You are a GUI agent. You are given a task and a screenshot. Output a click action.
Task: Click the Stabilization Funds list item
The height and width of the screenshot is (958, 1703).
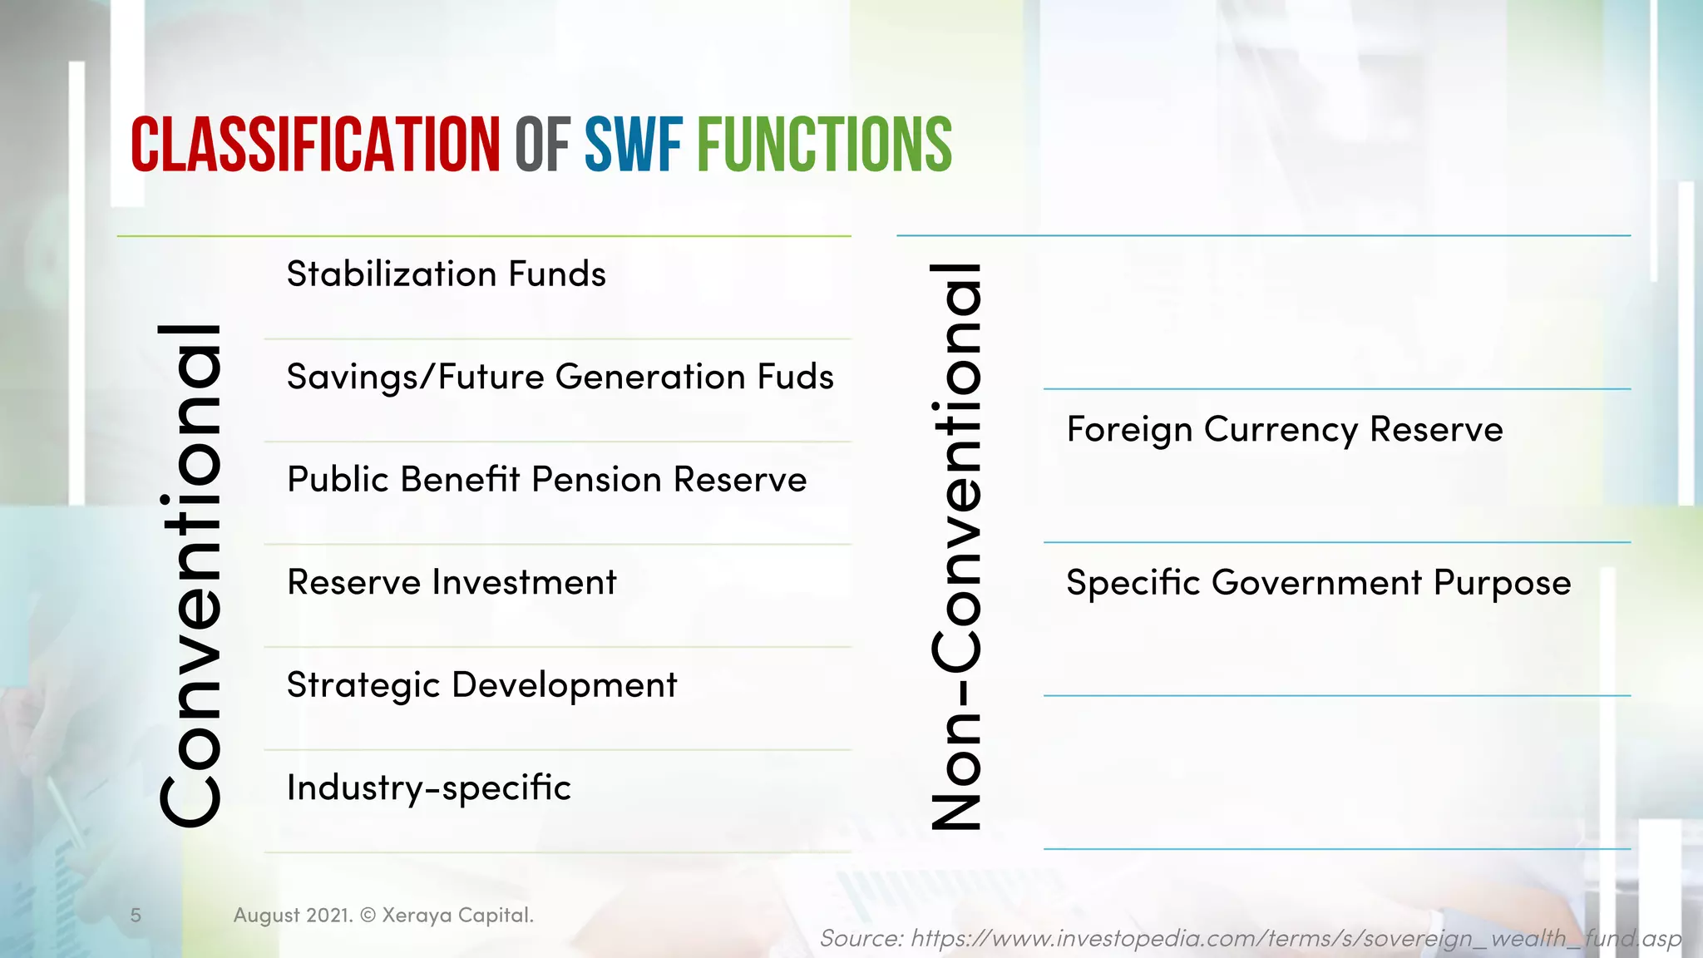click(447, 274)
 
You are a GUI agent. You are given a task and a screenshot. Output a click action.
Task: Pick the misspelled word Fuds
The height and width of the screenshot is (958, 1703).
click(795, 378)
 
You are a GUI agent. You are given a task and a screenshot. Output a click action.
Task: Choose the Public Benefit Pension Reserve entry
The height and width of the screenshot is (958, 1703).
click(546, 480)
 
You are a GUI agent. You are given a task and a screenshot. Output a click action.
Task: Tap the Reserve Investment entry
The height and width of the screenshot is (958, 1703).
click(452, 582)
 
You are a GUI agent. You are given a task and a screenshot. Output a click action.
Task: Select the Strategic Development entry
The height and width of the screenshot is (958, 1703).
click(481, 685)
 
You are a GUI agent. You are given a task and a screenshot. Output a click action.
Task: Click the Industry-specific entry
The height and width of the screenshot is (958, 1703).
click(429, 788)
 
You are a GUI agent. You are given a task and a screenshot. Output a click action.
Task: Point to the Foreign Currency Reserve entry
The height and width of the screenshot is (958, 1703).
click(1285, 430)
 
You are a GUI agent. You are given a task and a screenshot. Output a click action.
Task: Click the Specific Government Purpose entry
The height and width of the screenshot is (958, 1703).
click(1319, 583)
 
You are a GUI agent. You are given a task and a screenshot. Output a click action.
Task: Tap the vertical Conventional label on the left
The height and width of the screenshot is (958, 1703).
click(190, 575)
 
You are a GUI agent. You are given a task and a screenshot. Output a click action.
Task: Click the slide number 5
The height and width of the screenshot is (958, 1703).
click(136, 916)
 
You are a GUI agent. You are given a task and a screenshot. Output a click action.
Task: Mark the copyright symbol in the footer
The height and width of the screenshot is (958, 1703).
click(367, 916)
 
